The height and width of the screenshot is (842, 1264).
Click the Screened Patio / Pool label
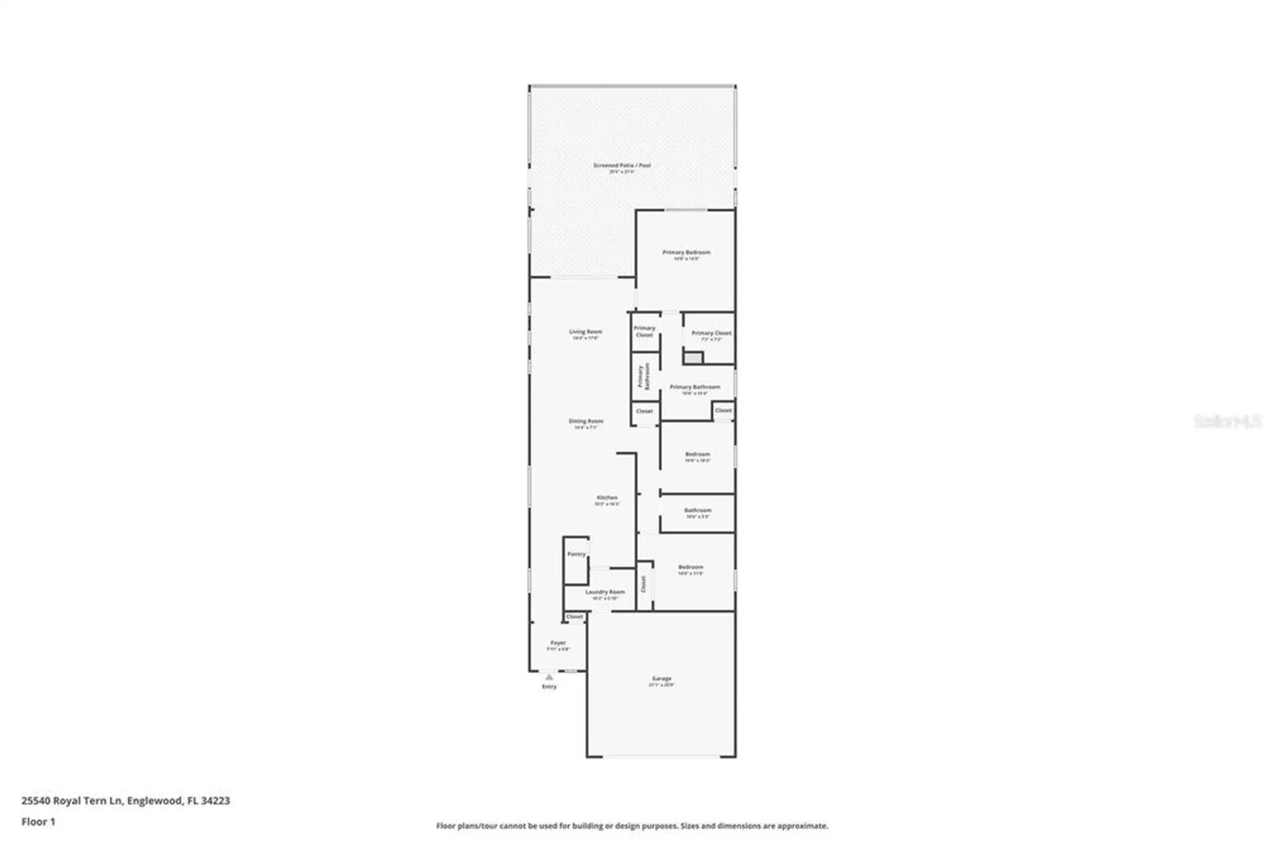(621, 166)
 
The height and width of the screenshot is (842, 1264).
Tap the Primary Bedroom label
(686, 252)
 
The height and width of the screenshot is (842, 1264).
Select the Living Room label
(585, 332)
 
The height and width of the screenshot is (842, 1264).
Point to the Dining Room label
(586, 421)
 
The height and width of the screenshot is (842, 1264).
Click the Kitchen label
(607, 497)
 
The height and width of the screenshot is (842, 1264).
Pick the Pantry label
(576, 554)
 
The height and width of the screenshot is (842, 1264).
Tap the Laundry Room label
(605, 592)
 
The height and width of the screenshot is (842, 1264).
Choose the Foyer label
(558, 643)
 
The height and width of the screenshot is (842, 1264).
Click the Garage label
(662, 679)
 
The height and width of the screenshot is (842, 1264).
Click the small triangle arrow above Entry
(549, 677)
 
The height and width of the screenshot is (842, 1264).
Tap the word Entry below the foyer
(549, 687)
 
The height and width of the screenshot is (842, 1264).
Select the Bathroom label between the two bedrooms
(698, 510)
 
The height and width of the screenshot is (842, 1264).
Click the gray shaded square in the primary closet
(693, 358)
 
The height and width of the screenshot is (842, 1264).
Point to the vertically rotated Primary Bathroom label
(643, 376)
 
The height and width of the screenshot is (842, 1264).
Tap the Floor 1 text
(39, 822)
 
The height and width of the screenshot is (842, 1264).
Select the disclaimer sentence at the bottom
(632, 826)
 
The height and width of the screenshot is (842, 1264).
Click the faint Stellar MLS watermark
(1227, 421)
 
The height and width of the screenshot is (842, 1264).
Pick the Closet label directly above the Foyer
(574, 616)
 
